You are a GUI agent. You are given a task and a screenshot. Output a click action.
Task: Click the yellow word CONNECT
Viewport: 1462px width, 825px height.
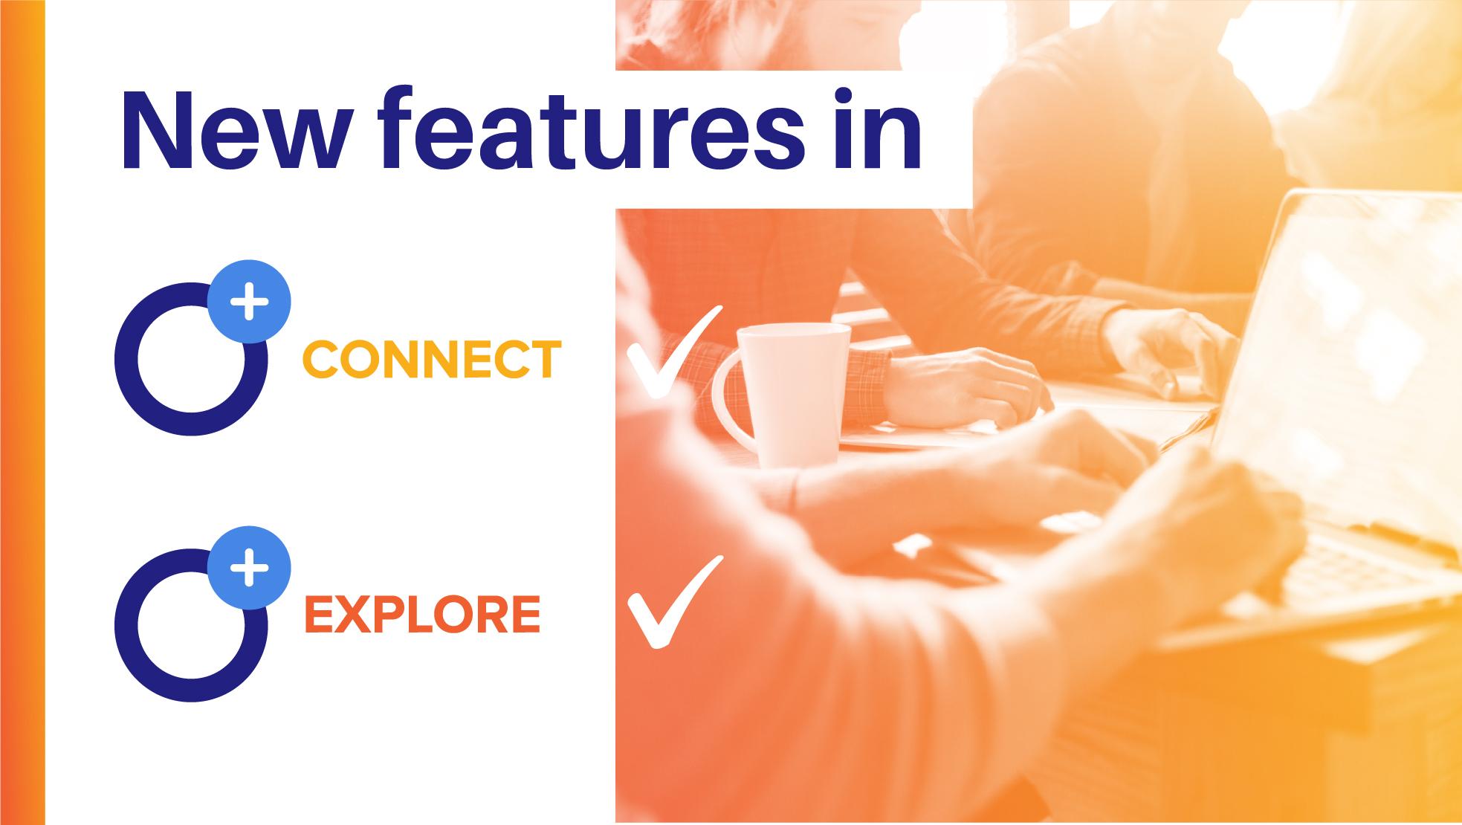(432, 360)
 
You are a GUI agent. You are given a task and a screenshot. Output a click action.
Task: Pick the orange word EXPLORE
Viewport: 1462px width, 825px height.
(422, 615)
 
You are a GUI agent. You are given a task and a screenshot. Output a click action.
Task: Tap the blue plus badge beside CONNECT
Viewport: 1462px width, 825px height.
(249, 301)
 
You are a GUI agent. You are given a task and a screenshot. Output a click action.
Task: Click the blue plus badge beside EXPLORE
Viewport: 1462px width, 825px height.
(249, 567)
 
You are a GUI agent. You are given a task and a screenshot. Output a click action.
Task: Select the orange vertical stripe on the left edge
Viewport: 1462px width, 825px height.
(22, 412)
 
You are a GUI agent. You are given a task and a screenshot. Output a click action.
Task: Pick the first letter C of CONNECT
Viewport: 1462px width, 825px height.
(320, 360)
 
